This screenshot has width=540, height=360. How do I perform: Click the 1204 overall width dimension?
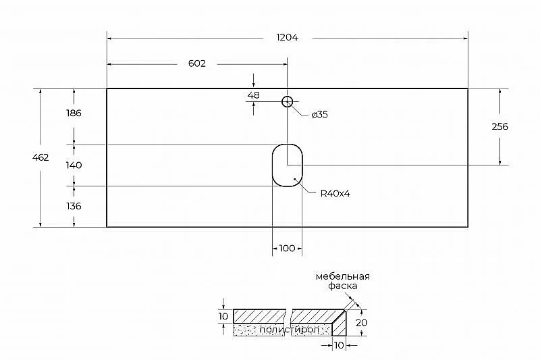[x=288, y=37]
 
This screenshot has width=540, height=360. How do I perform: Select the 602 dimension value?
[x=197, y=63]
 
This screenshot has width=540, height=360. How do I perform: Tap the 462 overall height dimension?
[x=40, y=157]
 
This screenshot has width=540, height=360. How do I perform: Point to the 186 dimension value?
[x=74, y=113]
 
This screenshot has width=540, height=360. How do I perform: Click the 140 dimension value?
[x=74, y=165]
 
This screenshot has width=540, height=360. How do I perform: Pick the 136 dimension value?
[x=74, y=206]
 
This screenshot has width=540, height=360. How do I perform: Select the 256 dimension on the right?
[x=500, y=126]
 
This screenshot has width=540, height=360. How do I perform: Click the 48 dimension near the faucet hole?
[x=254, y=95]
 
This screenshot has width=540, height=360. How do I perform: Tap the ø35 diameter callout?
[x=319, y=114]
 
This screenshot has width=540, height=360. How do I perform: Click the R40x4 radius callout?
[x=335, y=194]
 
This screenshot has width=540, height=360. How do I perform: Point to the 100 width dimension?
[x=287, y=248]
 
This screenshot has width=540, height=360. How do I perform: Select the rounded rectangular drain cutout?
[x=273, y=165]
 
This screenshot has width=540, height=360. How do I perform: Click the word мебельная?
[x=343, y=277]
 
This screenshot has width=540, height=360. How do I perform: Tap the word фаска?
[x=343, y=286]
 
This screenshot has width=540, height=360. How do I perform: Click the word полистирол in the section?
[x=290, y=330]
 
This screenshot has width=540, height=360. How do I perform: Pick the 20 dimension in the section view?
[x=362, y=323]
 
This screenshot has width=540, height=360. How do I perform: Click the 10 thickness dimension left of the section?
[x=223, y=316]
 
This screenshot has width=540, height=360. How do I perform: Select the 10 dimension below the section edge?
[x=340, y=345]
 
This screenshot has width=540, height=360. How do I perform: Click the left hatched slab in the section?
[x=260, y=316]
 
